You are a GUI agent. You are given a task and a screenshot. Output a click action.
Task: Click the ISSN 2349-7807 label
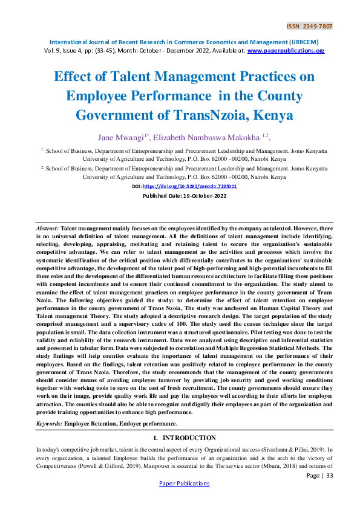click(x=309, y=27)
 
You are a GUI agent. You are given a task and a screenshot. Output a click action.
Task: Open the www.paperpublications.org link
click(x=286, y=51)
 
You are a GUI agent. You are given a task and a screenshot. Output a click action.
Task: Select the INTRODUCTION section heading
click(x=189, y=438)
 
